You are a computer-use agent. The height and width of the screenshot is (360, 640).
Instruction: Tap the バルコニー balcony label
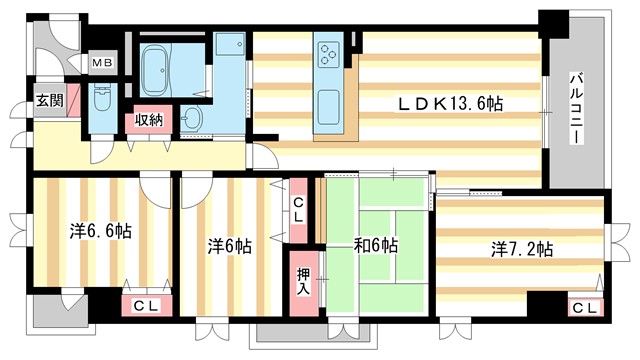pos(577,109)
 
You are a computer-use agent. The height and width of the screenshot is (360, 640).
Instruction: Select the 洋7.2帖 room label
pos(521,249)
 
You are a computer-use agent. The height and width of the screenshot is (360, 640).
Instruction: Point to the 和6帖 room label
pos(374,245)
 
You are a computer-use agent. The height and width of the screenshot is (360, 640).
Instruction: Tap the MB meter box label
pos(103,63)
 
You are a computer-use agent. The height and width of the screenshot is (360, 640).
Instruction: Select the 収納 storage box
pos(150,121)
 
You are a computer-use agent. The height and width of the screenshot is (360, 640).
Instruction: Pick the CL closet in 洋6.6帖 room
pos(144,306)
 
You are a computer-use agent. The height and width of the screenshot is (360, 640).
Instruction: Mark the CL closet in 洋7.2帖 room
pos(586,306)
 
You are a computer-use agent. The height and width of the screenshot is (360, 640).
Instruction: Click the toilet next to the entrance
pos(101,100)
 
